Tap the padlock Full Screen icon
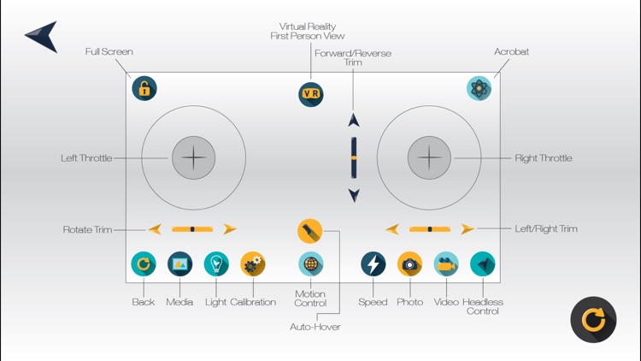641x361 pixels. [144, 88]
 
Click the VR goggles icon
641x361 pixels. [311, 94]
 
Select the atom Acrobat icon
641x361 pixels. [479, 88]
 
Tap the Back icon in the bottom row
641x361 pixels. [144, 264]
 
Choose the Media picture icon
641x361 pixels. [179, 264]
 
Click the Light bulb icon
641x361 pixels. [216, 264]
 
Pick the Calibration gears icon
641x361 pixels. [253, 264]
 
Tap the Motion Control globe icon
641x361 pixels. [311, 264]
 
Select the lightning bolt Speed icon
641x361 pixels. [373, 264]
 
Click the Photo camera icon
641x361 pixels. [409, 264]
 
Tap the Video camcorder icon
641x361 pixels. [446, 264]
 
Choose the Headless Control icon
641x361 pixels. [482, 264]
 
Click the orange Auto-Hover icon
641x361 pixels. [309, 230]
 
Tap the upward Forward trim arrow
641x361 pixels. [354, 121]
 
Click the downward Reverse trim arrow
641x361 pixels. [354, 196]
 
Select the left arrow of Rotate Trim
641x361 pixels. [155, 229]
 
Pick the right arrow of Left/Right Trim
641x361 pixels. [467, 229]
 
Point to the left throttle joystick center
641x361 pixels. [194, 157]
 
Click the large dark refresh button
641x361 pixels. [593, 320]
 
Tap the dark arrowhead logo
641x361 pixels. [43, 36]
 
